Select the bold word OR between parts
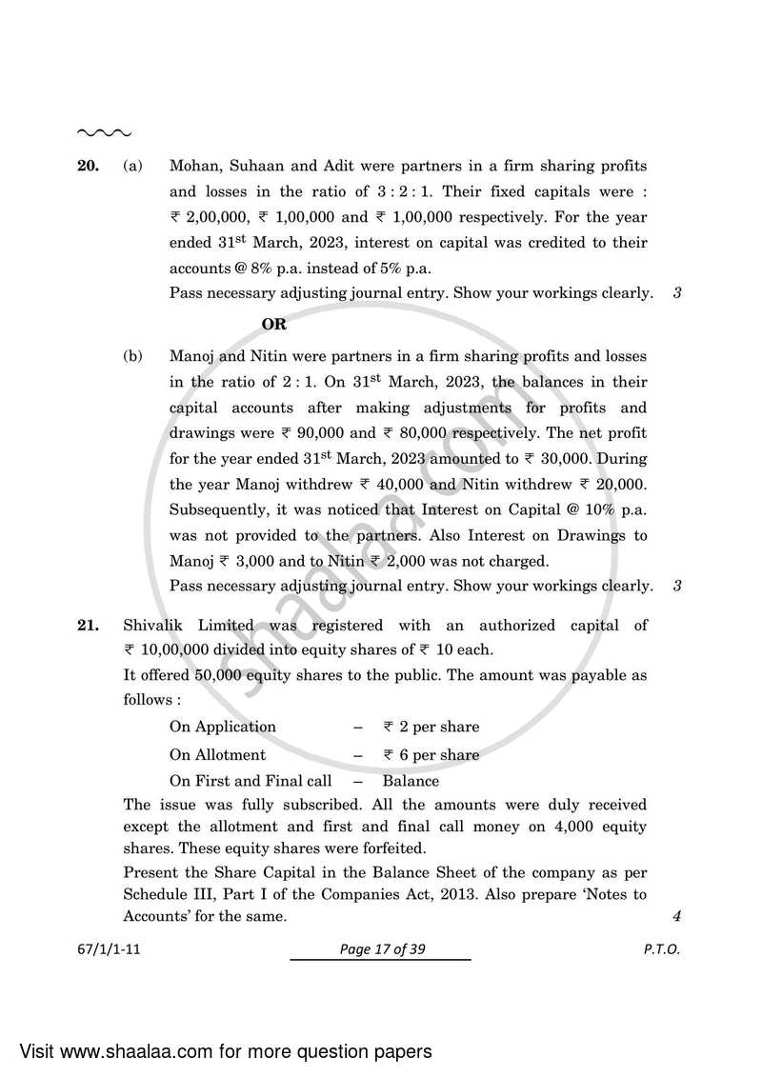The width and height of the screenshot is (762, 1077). (x=274, y=324)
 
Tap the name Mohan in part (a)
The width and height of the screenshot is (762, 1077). (x=194, y=167)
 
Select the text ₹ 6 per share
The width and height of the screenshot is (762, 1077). (x=431, y=755)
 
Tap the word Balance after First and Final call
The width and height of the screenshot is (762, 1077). (x=411, y=781)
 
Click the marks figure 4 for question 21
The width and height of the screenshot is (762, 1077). (x=675, y=916)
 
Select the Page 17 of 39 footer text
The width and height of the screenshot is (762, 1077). (x=380, y=949)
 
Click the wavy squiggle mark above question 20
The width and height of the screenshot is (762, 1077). (x=103, y=132)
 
